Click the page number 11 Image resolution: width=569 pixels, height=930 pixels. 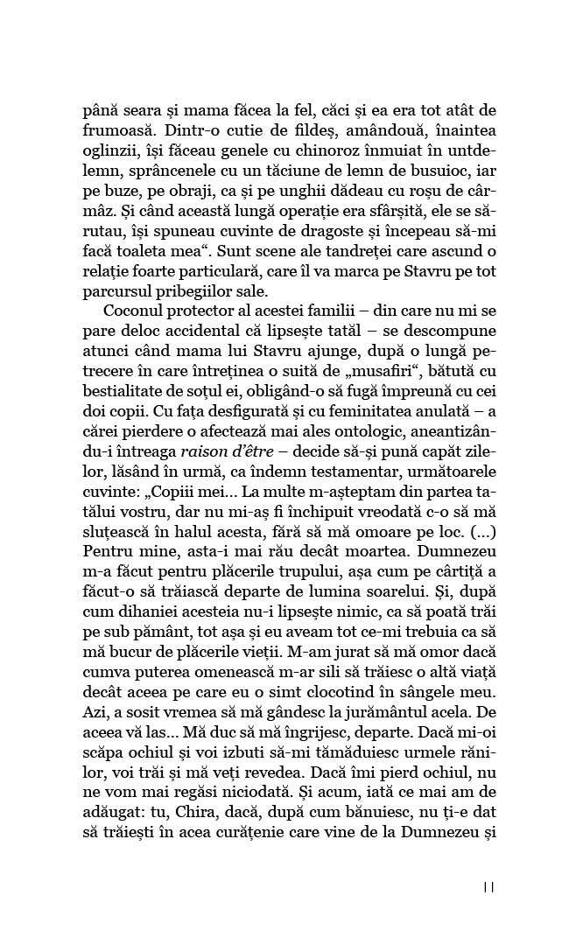pos(488,887)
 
